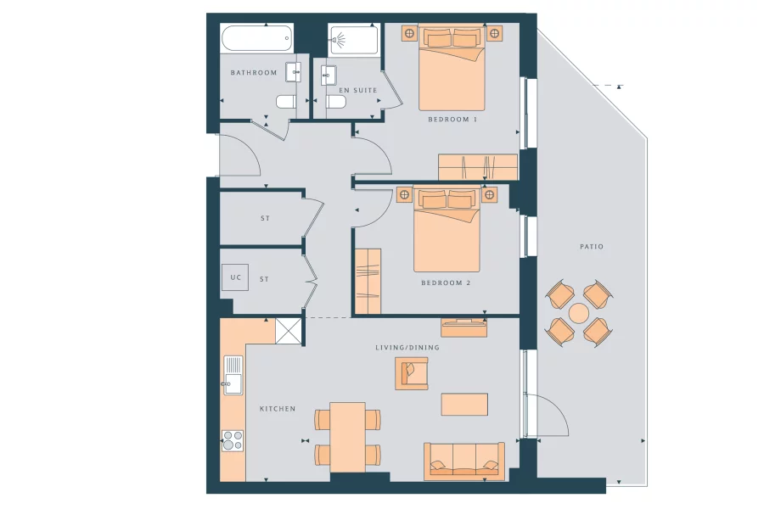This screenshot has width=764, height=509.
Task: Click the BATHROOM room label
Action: click(254, 73)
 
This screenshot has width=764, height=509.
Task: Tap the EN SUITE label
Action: click(357, 89)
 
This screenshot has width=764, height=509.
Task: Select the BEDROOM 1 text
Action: click(452, 120)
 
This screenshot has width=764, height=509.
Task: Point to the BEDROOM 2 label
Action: click(446, 282)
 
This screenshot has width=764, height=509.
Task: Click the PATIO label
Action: click(592, 247)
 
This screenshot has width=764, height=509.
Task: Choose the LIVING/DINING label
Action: click(407, 348)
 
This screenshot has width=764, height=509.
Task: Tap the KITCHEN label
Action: click(278, 409)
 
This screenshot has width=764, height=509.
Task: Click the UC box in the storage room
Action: click(234, 278)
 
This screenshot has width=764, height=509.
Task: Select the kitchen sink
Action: click(233, 375)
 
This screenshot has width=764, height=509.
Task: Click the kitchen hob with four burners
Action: click(233, 440)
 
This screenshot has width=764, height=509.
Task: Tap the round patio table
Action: click(579, 313)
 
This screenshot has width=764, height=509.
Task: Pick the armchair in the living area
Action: click(411, 372)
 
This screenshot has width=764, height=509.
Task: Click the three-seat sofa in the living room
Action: click(463, 461)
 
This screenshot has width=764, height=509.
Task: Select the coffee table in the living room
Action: click(464, 404)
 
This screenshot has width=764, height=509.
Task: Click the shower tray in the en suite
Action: click(353, 40)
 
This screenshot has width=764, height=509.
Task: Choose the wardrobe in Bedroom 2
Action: click(368, 282)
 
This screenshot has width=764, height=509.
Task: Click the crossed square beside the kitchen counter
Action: click(289, 331)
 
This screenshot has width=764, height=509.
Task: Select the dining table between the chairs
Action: click(347, 436)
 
